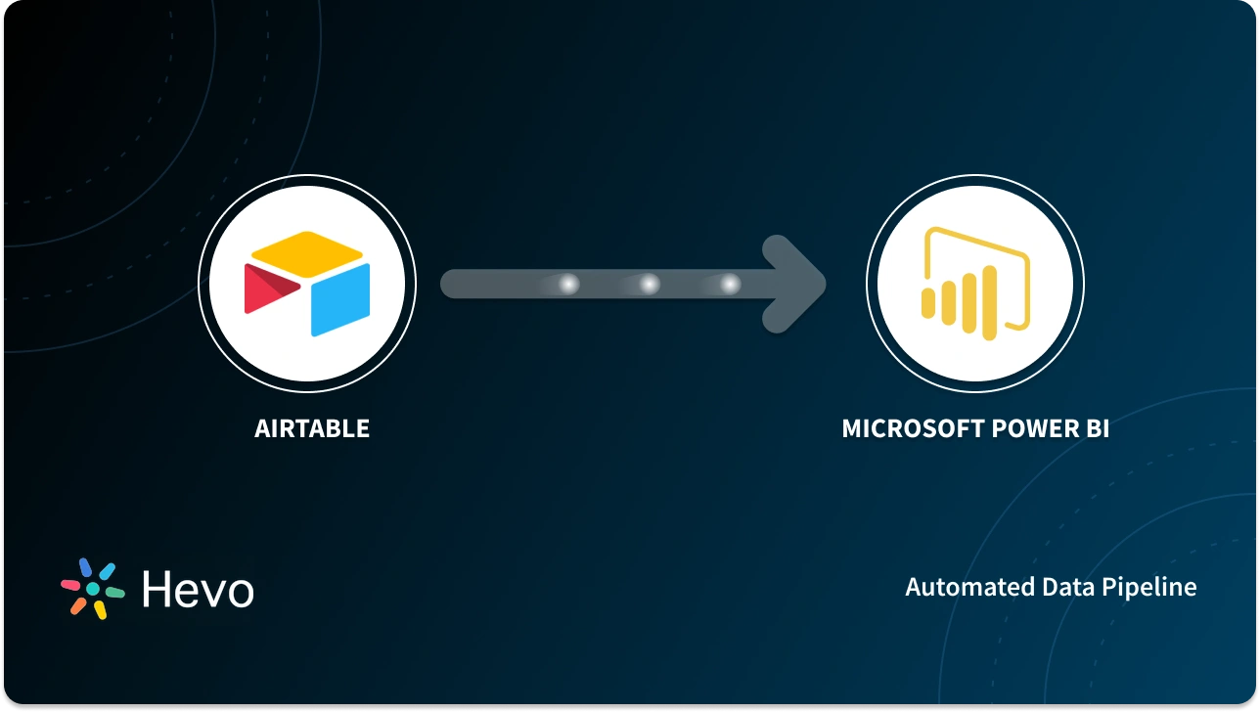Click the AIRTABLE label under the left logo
point(312,428)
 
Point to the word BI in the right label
point(1097,428)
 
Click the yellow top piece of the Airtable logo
point(307,250)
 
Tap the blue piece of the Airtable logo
point(341,299)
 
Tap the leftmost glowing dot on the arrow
point(568,285)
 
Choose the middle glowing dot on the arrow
point(649,285)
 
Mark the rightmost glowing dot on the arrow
point(730,285)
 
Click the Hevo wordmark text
point(198,590)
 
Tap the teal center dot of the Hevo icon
point(93,589)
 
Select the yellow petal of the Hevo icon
point(100,609)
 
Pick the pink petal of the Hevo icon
point(71,585)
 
